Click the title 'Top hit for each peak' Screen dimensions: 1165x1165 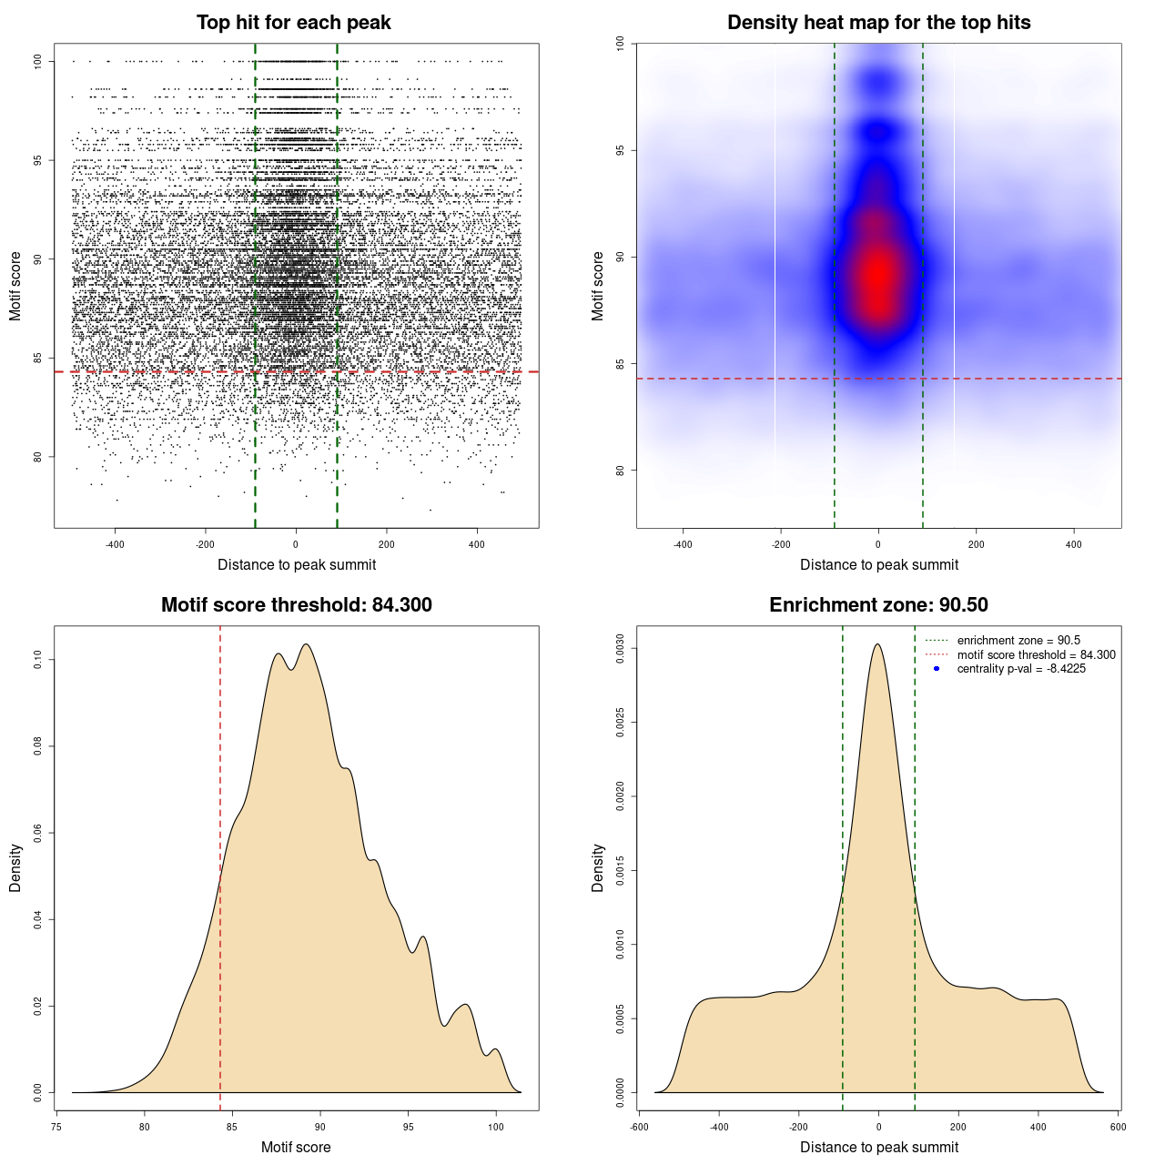[x=293, y=23]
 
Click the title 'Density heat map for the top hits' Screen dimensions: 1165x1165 [x=878, y=23]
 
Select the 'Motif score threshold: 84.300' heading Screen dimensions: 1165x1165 [x=296, y=605]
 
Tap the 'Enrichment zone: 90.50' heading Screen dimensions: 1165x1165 [x=878, y=605]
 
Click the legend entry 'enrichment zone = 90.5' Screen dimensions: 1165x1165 [x=1018, y=641]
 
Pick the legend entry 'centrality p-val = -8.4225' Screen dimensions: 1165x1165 [x=1020, y=669]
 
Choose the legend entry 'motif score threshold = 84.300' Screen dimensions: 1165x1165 [x=1036, y=655]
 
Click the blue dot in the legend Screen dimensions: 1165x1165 [x=937, y=669]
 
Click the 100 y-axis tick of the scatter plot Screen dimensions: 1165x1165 [x=38, y=61]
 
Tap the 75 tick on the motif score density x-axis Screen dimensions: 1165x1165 [x=56, y=1127]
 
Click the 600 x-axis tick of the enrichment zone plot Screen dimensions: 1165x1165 [x=1119, y=1127]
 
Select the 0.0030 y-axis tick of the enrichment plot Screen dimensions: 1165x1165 [x=621, y=648]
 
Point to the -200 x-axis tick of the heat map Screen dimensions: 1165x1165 [x=781, y=544]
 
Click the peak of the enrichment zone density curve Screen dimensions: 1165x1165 [x=877, y=644]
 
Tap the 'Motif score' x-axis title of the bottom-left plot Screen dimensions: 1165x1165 [x=296, y=1147]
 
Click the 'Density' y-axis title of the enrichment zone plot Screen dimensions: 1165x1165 [x=598, y=867]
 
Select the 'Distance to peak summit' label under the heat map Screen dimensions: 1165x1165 [x=878, y=564]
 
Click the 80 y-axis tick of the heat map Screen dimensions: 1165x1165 [x=621, y=471]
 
